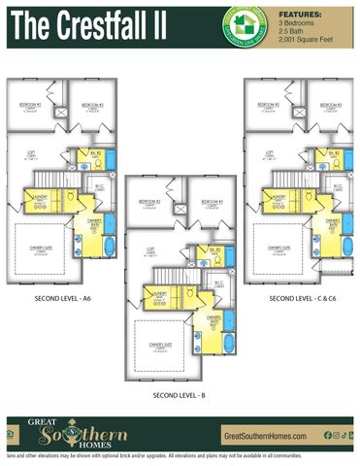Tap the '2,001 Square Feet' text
[305, 37]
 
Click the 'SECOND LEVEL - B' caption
[180, 395]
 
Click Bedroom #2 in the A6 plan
[32, 104]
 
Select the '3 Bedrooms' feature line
[296, 23]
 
